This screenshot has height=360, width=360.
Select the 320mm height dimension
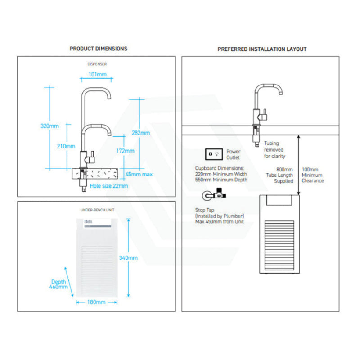[49, 126]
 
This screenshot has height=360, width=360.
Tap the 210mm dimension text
[67, 146]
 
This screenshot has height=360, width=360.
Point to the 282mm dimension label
[141, 133]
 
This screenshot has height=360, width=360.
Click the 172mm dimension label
[125, 151]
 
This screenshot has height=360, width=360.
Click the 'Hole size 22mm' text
[109, 186]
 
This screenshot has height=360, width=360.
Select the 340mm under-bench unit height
[129, 258]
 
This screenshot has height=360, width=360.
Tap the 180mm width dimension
[96, 302]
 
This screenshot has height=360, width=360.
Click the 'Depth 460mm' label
[59, 284]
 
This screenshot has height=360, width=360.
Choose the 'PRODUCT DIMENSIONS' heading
[99, 49]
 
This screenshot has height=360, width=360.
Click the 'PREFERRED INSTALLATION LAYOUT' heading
[262, 49]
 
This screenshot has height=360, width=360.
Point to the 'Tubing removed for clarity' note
[274, 150]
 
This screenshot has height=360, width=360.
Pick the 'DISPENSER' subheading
[97, 64]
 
